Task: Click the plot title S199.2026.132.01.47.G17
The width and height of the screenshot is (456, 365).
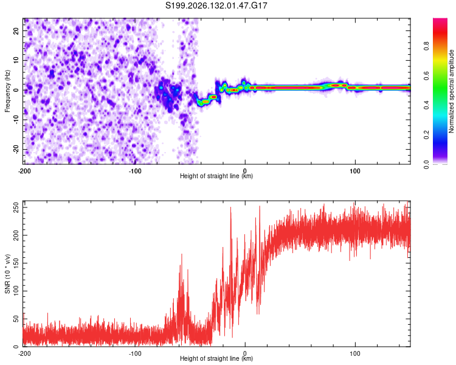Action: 216,5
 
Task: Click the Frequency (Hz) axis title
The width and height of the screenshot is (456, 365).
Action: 7,91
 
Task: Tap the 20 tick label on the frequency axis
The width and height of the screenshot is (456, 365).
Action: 16,31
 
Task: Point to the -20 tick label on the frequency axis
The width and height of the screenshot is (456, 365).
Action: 16,148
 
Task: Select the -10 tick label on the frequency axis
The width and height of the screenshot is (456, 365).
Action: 16,119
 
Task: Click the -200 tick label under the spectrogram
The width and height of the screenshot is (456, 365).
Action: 24,171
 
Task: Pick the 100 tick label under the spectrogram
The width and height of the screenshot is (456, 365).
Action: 355,171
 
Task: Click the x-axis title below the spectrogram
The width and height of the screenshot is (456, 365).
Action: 216,176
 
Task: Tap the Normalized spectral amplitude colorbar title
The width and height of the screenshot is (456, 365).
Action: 451,91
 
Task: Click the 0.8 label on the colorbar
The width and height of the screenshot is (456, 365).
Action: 426,46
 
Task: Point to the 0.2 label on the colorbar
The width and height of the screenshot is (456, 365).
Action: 426,135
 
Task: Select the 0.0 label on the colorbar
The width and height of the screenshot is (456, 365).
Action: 426,165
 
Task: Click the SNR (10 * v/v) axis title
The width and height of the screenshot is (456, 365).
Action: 7,274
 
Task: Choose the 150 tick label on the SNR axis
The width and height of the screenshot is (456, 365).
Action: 16,263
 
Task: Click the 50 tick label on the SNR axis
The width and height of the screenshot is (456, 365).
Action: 16,319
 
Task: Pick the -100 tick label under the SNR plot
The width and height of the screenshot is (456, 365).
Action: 135,353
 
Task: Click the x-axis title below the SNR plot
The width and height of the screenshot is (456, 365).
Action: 216,358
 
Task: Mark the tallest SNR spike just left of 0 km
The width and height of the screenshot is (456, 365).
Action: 231,207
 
